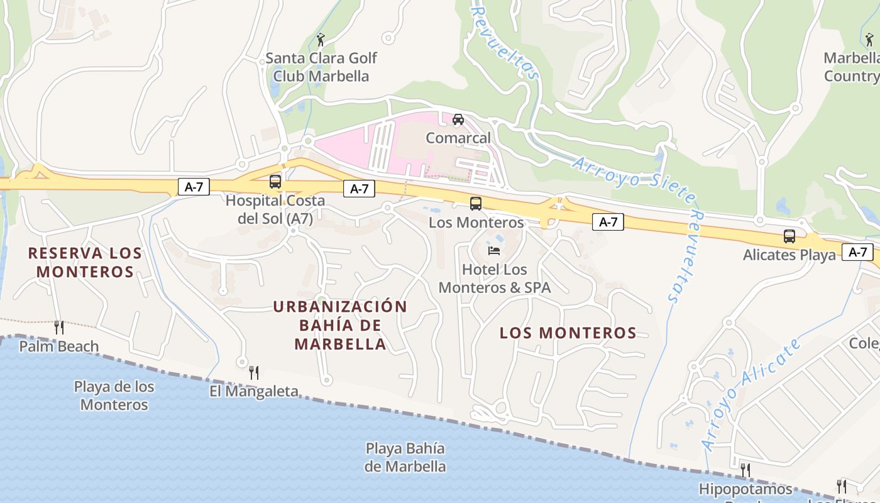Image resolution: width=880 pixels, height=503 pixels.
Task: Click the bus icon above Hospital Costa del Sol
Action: pos(275,182)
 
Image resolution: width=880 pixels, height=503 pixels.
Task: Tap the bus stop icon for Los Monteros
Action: pos(476,203)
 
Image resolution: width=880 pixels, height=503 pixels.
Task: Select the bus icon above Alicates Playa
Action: pos(789,236)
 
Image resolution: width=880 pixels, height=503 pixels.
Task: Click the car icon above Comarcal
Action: pos(458,119)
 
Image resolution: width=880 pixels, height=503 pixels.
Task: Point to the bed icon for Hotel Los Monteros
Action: pos(494,251)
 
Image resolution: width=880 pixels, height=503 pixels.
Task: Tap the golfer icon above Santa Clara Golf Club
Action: pos(321,40)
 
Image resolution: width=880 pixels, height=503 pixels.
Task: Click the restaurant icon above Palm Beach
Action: pos(59,327)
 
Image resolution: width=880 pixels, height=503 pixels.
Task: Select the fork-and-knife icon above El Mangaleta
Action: pos(254,372)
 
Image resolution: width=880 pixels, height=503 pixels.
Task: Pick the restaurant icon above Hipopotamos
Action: pos(745,470)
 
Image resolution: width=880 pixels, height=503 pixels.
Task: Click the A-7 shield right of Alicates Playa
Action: pos(858,252)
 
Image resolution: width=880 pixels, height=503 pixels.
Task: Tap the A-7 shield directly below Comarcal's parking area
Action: pos(359,188)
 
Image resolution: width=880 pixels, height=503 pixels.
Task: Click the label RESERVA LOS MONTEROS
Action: pos(85,262)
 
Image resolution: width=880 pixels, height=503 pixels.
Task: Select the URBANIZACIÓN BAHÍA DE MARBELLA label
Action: pos(340,325)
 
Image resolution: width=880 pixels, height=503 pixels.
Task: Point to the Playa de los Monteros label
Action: pos(114,395)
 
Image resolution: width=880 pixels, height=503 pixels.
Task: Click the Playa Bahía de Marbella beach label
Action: pos(405,458)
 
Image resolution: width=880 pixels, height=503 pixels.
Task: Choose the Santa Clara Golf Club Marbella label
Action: pos(321,67)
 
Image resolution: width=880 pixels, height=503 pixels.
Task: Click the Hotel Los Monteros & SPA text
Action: pos(494,279)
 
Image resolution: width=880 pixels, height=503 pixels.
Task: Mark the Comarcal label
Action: pos(458,138)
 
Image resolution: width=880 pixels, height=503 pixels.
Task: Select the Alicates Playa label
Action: pos(789,255)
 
